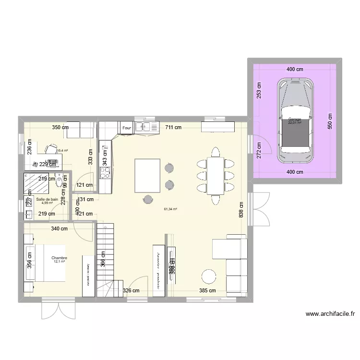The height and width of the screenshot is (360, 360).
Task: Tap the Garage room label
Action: (295, 120)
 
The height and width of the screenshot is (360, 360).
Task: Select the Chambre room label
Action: (60, 258)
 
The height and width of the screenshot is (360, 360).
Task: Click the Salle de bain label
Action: (47, 199)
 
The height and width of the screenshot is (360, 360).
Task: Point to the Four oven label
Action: (127, 128)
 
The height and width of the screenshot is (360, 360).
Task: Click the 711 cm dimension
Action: (173, 128)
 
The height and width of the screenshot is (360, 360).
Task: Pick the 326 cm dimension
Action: (131, 290)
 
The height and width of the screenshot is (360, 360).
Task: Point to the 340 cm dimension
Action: (59, 229)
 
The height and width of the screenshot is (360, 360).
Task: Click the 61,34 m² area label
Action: (170, 209)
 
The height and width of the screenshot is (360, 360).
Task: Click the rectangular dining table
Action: (215, 176)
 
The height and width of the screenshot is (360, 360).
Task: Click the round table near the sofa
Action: (209, 276)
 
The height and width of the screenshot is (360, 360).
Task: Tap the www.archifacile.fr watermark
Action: (330, 315)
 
